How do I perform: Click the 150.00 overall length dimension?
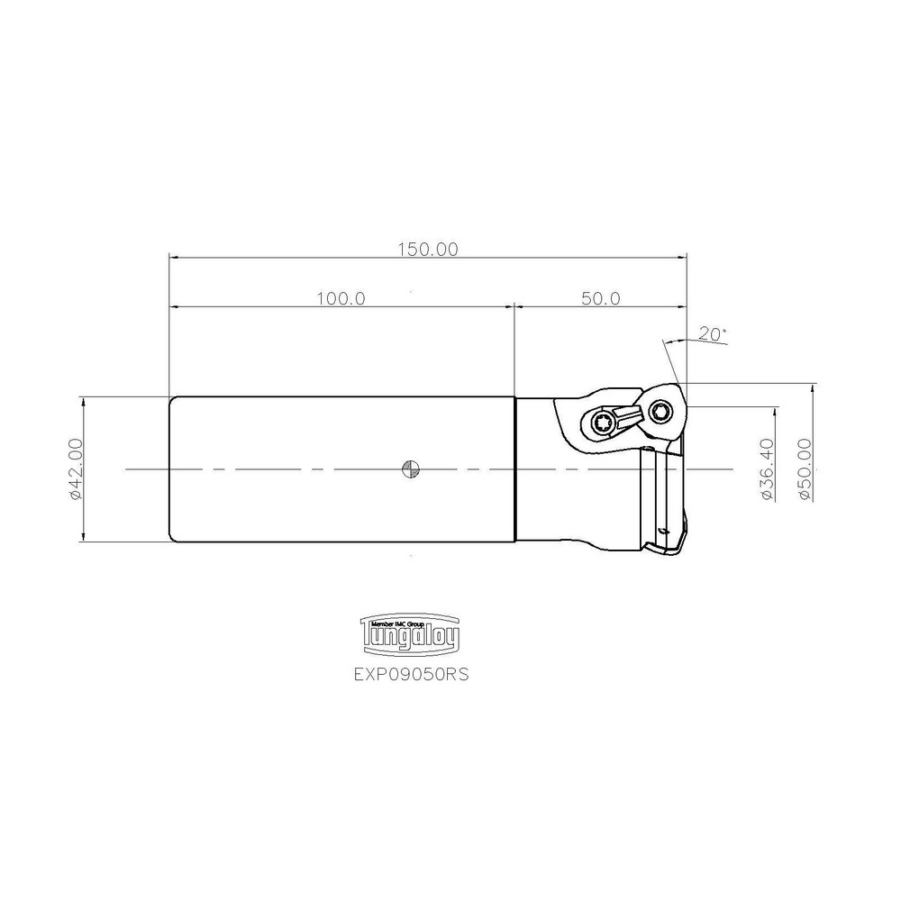click(428, 250)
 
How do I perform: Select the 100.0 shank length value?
click(341, 299)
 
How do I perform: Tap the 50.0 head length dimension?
click(600, 299)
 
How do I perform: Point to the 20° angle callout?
click(712, 334)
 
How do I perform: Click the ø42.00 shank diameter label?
click(76, 469)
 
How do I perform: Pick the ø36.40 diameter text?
click(768, 469)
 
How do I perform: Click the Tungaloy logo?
click(410, 633)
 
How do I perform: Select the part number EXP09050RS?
click(411, 674)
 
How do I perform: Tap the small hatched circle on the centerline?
click(411, 469)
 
